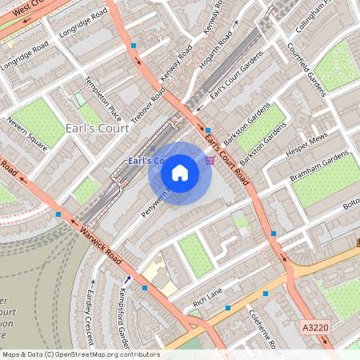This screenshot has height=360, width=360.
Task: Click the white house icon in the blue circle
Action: (180, 172)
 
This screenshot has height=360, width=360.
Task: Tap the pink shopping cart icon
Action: (210, 161)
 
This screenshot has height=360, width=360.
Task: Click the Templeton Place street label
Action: (104, 98)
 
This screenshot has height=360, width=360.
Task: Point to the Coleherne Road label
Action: (265, 330)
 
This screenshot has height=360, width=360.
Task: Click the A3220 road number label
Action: (316, 326)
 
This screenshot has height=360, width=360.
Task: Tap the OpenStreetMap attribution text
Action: (80, 354)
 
